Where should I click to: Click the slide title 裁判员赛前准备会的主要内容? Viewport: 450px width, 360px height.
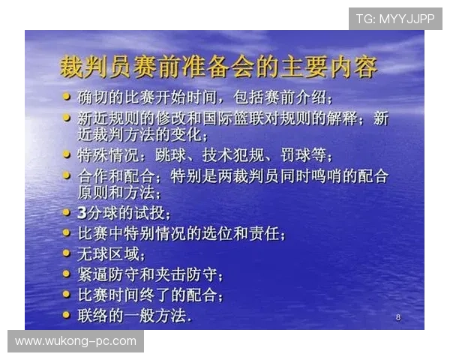coord(217,67)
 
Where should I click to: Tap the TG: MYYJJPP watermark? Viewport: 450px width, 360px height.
coord(395,18)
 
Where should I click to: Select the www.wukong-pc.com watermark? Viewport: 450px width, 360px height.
coord(76,341)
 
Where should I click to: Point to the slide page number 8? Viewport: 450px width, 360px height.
coord(397,318)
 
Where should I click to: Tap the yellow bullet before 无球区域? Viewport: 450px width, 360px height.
coord(67,253)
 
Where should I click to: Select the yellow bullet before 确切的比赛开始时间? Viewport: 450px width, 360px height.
coord(67,97)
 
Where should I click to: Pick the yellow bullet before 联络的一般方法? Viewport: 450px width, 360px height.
coord(67,313)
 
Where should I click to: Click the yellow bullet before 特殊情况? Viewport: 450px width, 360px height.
coord(67,155)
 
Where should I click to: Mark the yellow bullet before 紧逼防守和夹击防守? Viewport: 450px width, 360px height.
coord(67,274)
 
